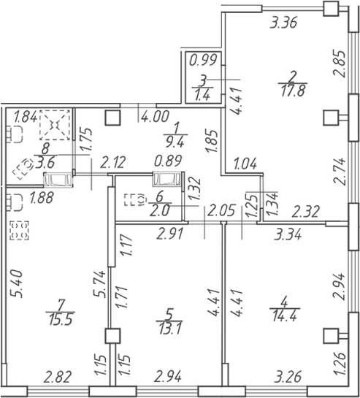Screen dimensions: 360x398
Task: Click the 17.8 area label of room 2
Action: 293,91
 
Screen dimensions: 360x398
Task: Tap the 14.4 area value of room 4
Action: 284,316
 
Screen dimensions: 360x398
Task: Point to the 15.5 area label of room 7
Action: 61,319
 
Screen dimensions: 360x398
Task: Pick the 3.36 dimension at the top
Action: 283,23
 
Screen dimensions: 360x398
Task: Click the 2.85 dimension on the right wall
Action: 339,64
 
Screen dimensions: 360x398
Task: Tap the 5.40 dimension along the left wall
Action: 16,284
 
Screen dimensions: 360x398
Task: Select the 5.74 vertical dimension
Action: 99,283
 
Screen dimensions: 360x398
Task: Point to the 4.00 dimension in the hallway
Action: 155,117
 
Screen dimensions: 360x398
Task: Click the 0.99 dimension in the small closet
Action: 203,60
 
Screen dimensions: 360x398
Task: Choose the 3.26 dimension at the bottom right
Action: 288,376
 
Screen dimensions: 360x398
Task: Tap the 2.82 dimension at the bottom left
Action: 58,376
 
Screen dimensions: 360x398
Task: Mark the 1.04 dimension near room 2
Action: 245,164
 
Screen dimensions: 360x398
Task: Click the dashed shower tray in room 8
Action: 55,125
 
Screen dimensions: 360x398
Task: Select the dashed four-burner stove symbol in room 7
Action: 19,230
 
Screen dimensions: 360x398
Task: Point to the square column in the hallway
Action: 112,118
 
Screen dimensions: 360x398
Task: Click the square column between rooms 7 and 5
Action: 112,335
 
